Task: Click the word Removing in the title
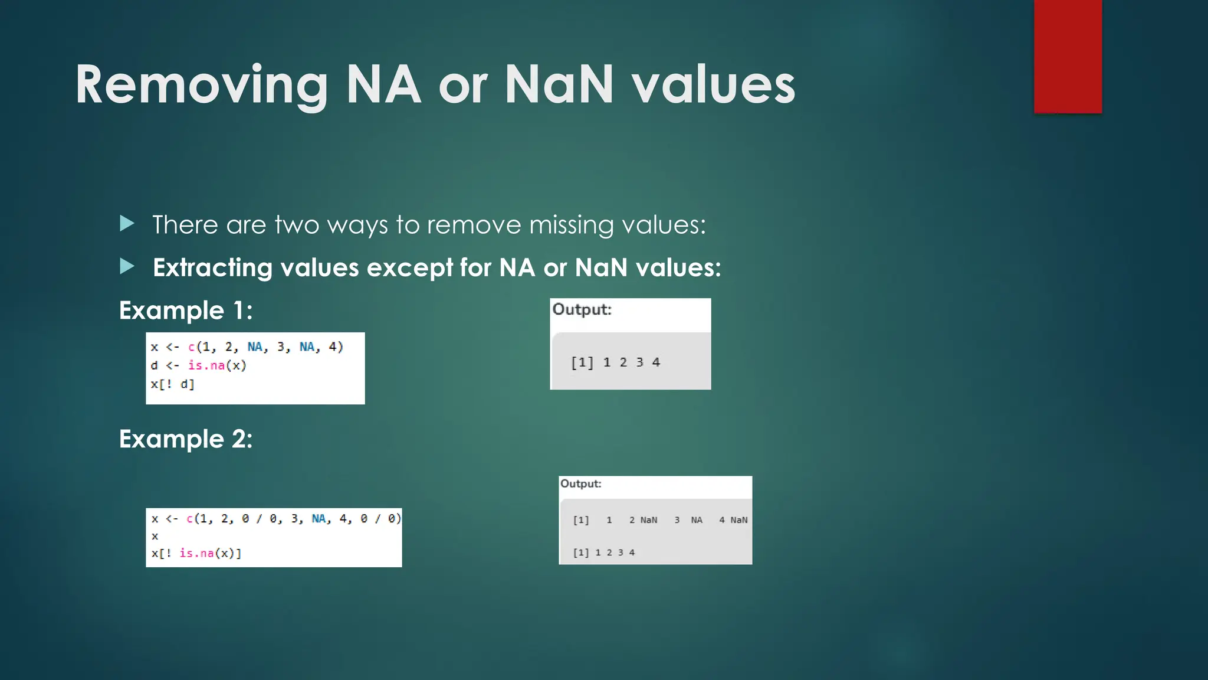point(201,86)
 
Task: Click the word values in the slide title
point(714,86)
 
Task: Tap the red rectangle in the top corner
point(1068,56)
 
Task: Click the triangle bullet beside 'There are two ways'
point(127,223)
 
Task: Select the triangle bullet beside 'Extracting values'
point(127,266)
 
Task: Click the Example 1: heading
point(186,310)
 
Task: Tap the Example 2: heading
point(186,439)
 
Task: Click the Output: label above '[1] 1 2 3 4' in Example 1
point(582,309)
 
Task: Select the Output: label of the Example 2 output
point(580,483)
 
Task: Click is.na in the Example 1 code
point(206,365)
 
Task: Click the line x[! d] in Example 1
point(172,384)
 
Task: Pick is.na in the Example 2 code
point(196,553)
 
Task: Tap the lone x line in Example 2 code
point(155,536)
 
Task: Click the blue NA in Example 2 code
point(319,519)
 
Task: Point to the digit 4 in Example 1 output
point(656,362)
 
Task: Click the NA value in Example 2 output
point(697,520)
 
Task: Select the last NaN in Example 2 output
point(738,520)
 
